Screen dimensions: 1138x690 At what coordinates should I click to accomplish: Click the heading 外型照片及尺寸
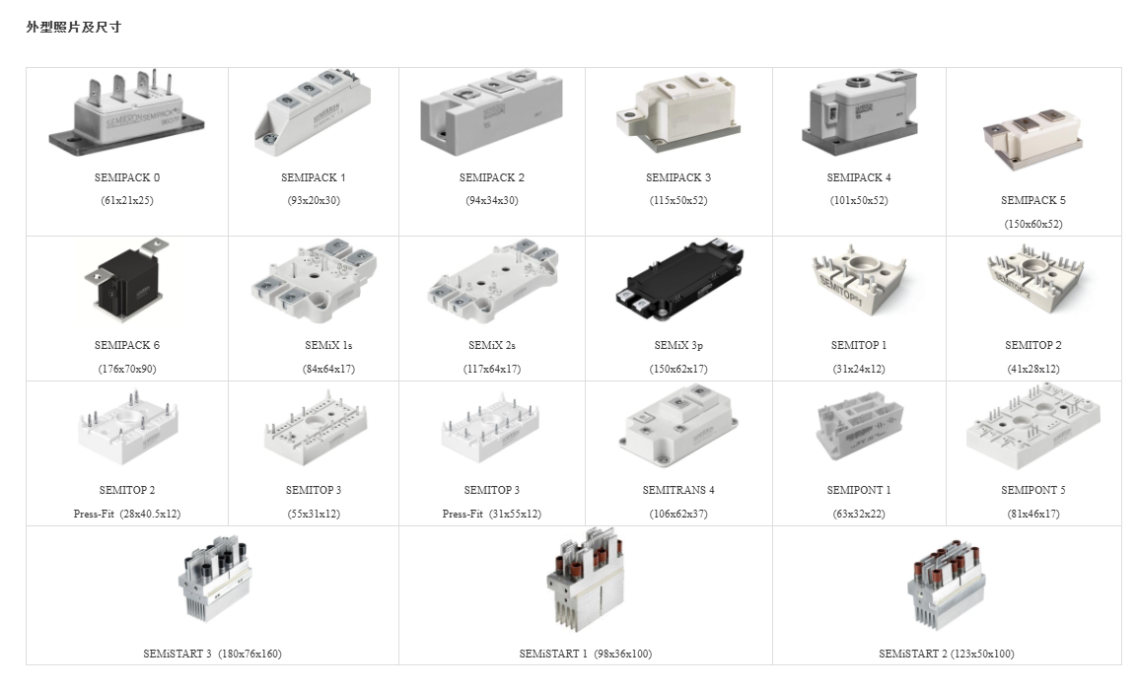[x=73, y=28]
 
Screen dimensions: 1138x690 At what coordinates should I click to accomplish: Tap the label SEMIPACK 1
[x=314, y=177]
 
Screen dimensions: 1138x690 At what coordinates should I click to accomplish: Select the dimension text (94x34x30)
[x=492, y=201]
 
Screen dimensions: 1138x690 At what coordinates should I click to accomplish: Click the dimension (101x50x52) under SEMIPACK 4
[x=859, y=201]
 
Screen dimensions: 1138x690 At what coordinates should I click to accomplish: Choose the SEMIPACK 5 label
[x=1033, y=200]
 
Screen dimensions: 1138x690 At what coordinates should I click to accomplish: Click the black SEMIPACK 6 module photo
[x=127, y=282]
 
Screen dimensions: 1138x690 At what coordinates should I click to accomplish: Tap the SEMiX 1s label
[x=328, y=345]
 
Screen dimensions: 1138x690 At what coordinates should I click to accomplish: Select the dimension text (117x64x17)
[x=492, y=370]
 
